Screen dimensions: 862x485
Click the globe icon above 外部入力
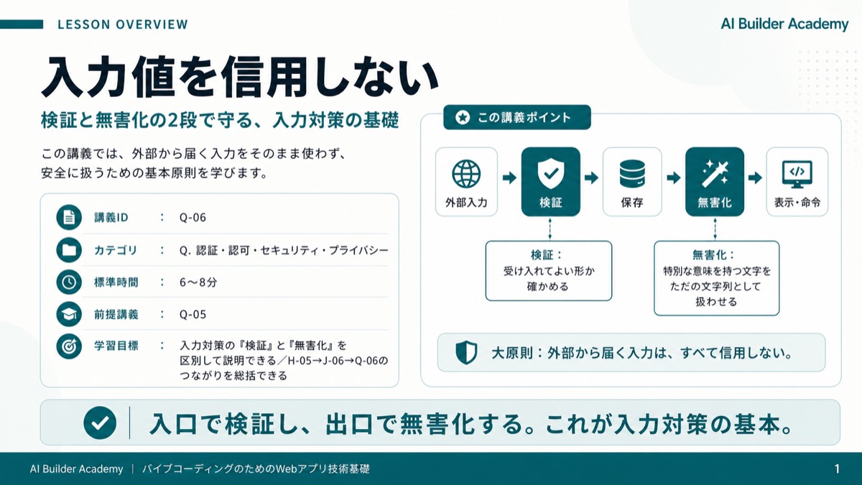(x=466, y=174)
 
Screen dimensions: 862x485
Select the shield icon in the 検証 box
(x=551, y=174)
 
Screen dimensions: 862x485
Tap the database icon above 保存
(x=632, y=174)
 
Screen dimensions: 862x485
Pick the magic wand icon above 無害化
(x=715, y=174)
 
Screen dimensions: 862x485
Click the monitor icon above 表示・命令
(x=797, y=174)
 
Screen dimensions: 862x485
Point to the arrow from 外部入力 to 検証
(x=509, y=178)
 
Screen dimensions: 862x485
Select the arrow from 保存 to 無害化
(x=674, y=178)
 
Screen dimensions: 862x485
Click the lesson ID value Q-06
(x=193, y=218)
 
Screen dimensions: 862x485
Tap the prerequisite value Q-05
(x=193, y=315)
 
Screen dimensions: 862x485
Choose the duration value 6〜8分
(x=198, y=282)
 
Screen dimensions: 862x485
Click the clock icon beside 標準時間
(x=69, y=282)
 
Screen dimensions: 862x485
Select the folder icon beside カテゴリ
(x=69, y=250)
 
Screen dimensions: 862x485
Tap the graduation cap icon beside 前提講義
(x=69, y=315)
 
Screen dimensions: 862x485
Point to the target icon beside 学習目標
(x=69, y=346)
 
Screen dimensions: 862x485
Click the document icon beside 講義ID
(x=69, y=218)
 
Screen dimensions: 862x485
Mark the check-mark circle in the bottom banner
(x=100, y=422)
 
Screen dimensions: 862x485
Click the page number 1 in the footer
(x=837, y=468)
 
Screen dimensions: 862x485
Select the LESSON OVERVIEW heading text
(x=123, y=24)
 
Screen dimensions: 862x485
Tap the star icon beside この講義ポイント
(x=462, y=117)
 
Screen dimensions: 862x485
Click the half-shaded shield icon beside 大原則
(x=466, y=352)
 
